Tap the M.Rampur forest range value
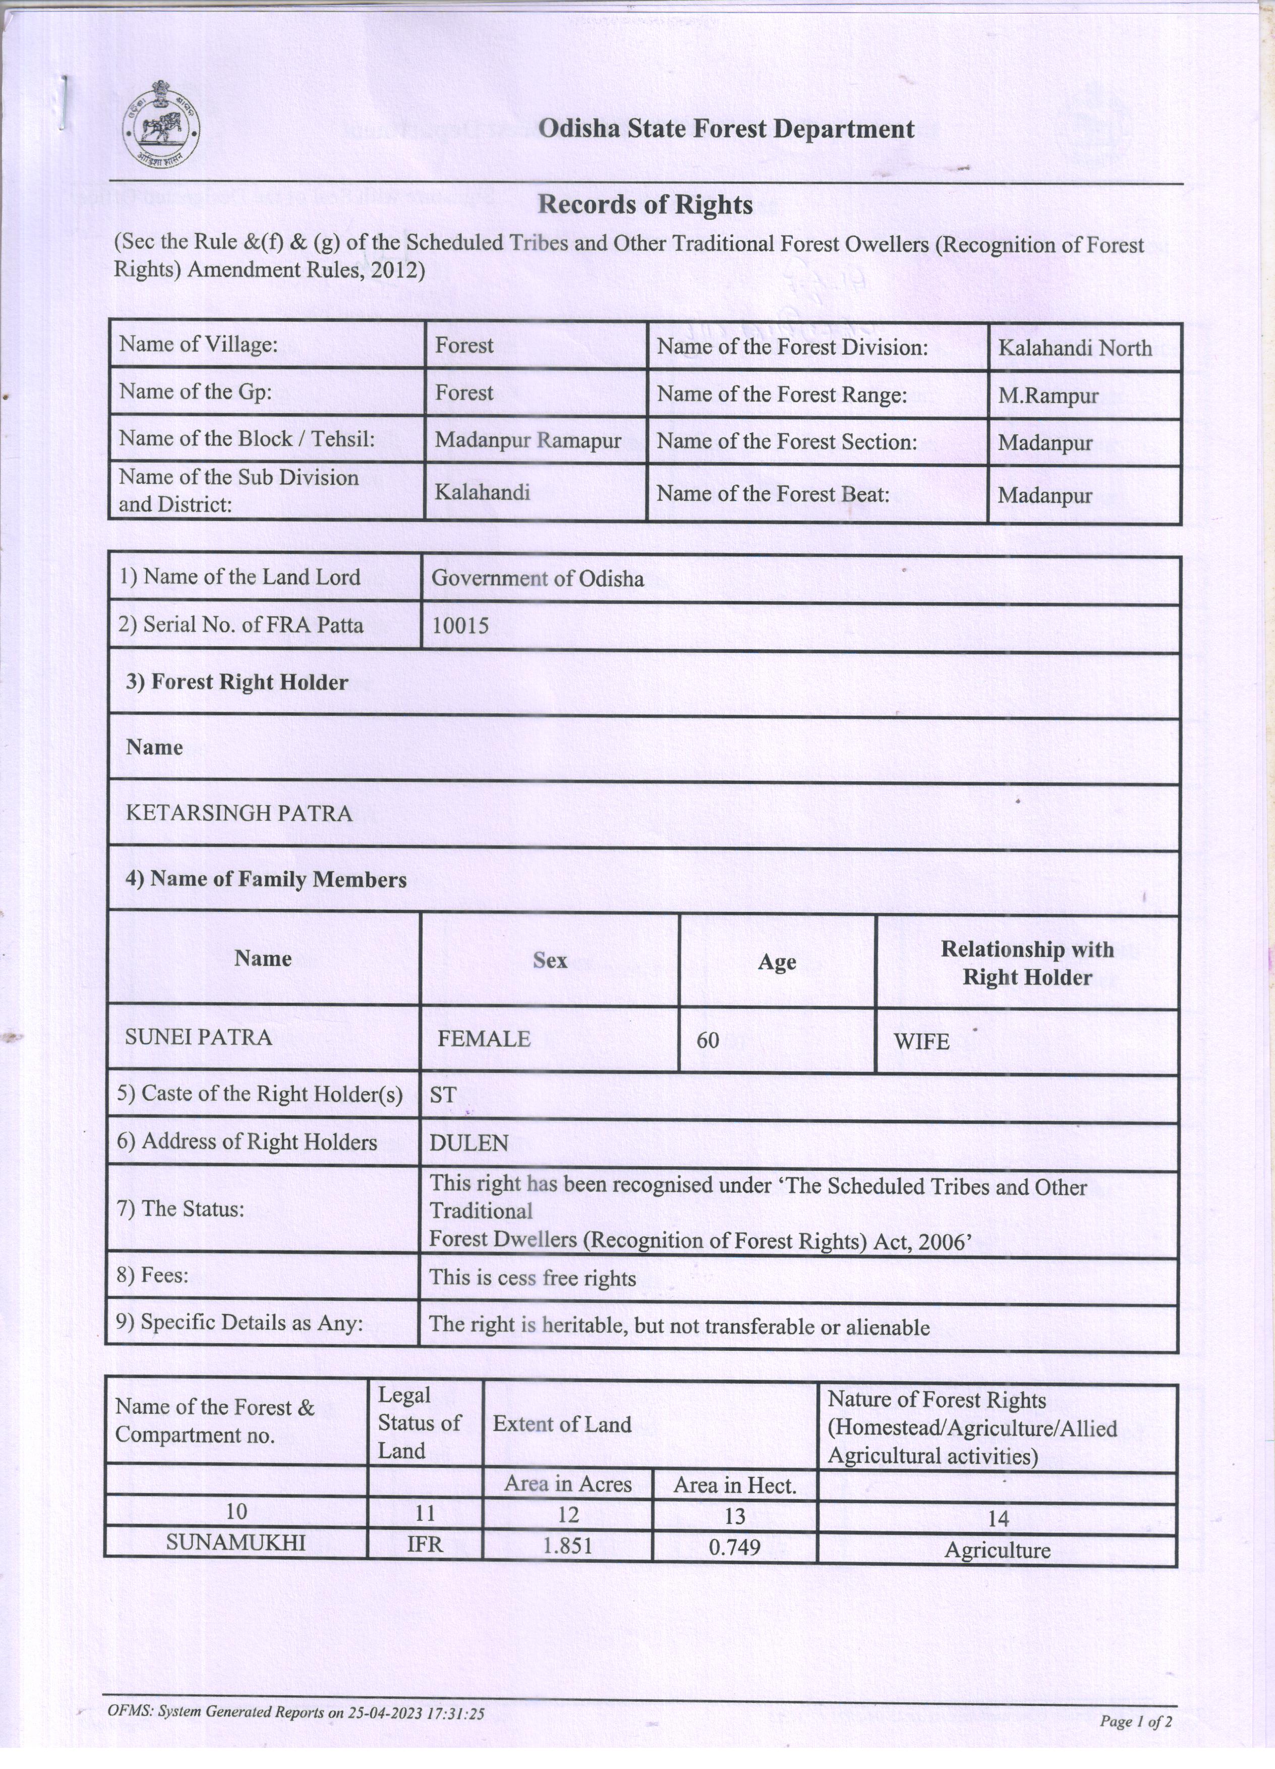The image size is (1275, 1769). (1048, 395)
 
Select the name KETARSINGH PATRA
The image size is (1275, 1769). (239, 814)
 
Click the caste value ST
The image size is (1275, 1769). (442, 1095)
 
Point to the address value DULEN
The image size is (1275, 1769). (469, 1144)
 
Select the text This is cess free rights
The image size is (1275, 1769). (533, 1278)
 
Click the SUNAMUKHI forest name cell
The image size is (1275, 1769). (236, 1543)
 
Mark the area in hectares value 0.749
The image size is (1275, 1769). (734, 1547)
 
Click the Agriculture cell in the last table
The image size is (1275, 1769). (998, 1549)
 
